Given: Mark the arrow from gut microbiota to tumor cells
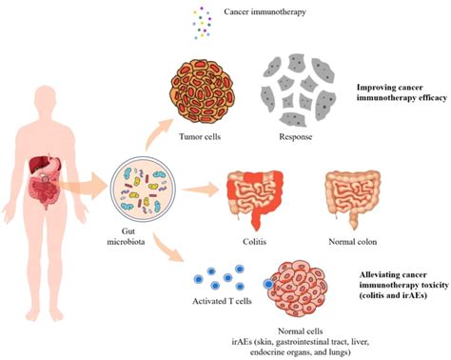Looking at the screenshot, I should click(157, 135).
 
